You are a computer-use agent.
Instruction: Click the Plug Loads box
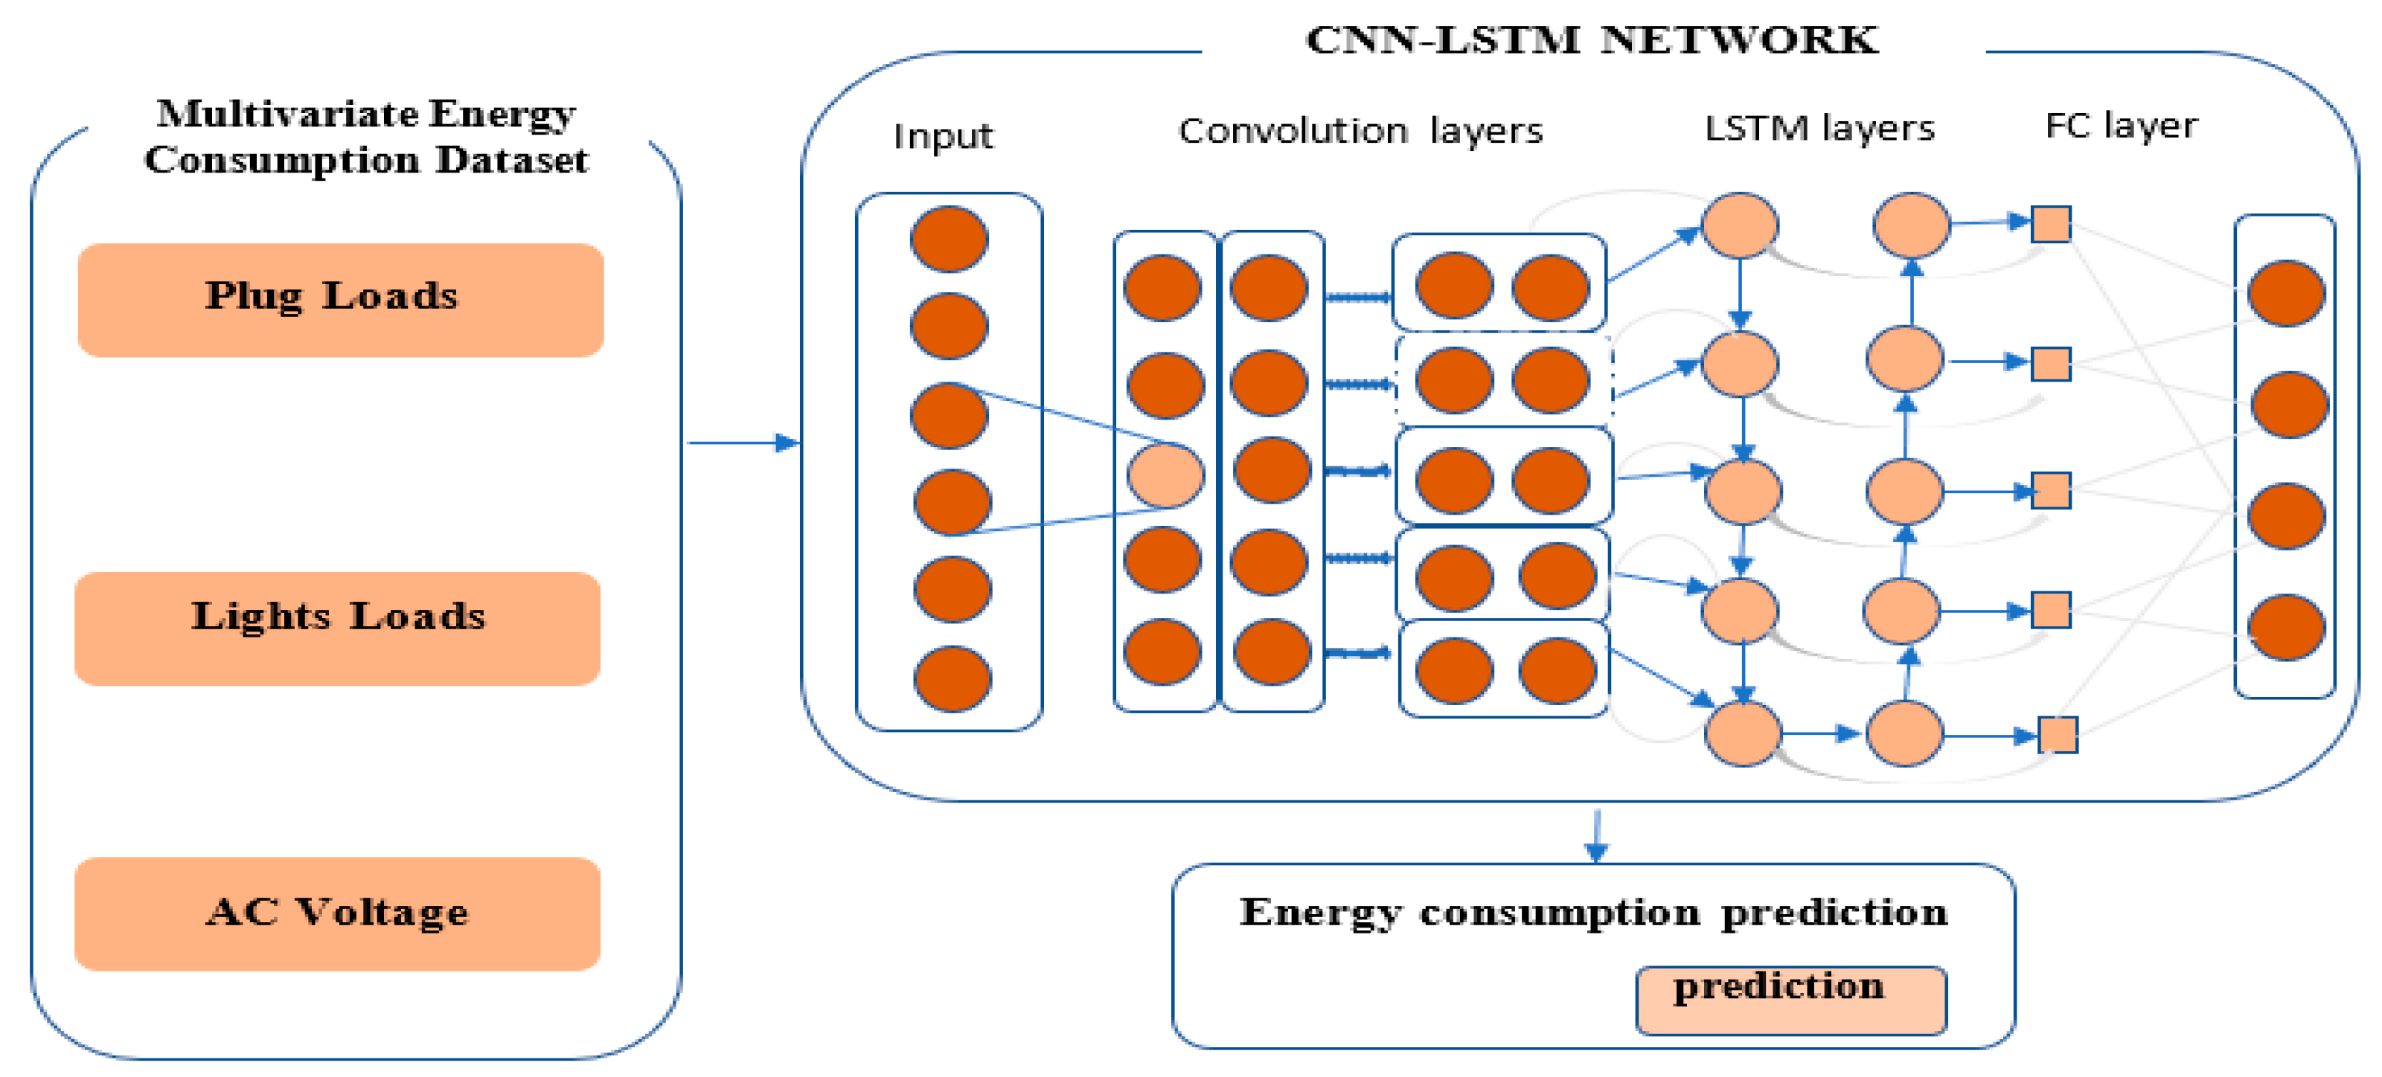click(340, 300)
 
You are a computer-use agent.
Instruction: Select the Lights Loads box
click(338, 628)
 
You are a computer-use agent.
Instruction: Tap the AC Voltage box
click(338, 913)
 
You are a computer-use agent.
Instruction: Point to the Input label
click(942, 137)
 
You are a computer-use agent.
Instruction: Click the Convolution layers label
click(1360, 131)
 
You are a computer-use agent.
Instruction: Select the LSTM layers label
click(1819, 129)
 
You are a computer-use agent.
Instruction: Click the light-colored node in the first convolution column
click(1165, 475)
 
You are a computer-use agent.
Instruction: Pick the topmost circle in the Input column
click(949, 239)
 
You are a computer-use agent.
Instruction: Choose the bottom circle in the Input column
click(953, 678)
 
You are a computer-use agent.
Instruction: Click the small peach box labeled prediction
click(1790, 1000)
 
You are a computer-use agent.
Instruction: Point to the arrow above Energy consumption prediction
click(1596, 836)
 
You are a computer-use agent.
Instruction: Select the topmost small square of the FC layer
click(2050, 225)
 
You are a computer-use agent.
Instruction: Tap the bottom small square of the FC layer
click(2058, 735)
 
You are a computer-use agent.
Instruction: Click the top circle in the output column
click(2286, 294)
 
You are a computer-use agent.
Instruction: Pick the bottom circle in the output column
click(2286, 628)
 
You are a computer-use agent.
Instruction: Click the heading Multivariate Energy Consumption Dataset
click(366, 137)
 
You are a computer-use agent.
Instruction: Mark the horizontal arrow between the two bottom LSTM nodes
click(1821, 734)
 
